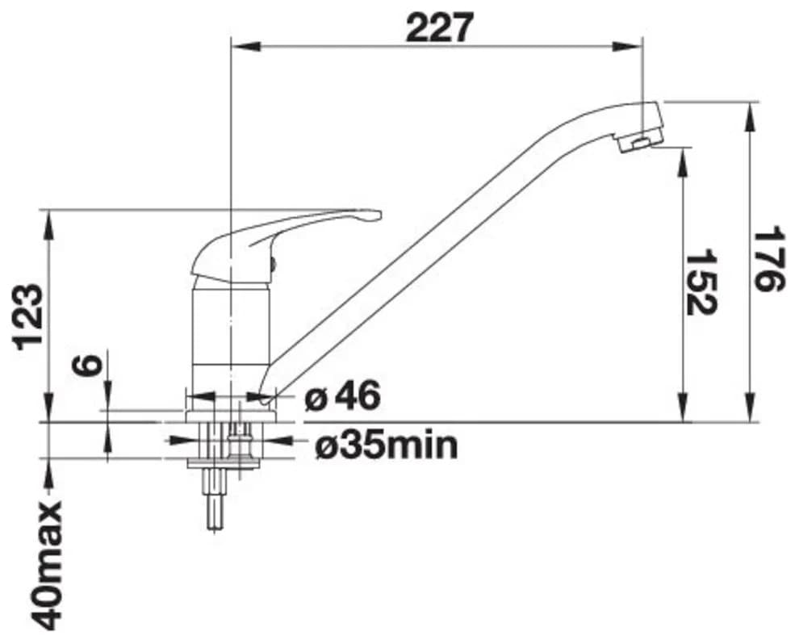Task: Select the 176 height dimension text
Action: click(x=768, y=260)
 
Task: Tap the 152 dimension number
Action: click(x=701, y=282)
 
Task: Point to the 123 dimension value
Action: click(x=28, y=316)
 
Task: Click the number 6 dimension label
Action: click(x=85, y=366)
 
